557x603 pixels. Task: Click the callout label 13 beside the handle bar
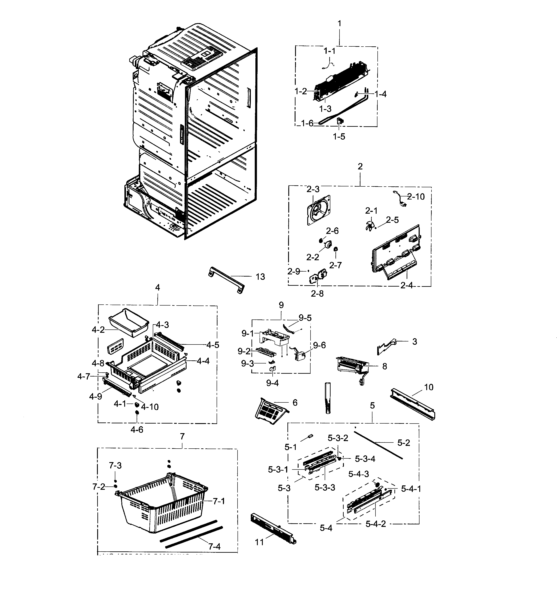tap(260, 277)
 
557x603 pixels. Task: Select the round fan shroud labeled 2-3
tap(318, 210)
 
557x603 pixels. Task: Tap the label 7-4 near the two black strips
tap(214, 546)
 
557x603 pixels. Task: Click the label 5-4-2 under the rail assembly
tap(375, 524)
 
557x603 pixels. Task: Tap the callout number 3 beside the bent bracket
tap(414, 341)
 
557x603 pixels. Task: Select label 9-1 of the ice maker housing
tap(248, 333)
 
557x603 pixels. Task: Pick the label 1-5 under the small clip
tap(339, 137)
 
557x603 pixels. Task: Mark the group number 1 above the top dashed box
tap(340, 23)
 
